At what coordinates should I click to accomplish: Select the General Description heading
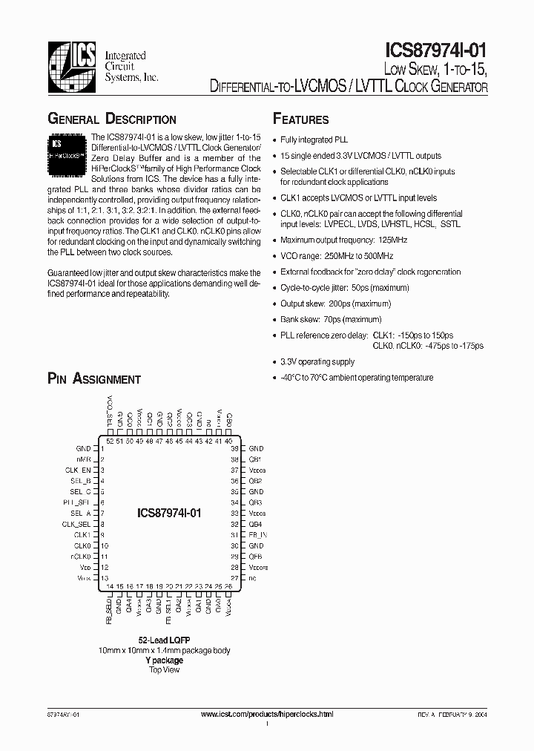[x=112, y=119]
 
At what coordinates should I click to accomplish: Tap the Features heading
[x=301, y=119]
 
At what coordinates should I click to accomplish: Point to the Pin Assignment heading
[x=94, y=379]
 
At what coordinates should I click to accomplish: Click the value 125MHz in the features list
[x=392, y=240]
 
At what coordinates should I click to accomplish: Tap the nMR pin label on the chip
[x=83, y=459]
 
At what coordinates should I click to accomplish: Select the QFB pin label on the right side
[x=255, y=557]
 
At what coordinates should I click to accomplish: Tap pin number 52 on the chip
[x=110, y=441]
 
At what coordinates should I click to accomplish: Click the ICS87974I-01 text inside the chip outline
[x=170, y=513]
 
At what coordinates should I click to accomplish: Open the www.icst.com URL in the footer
[x=268, y=714]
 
